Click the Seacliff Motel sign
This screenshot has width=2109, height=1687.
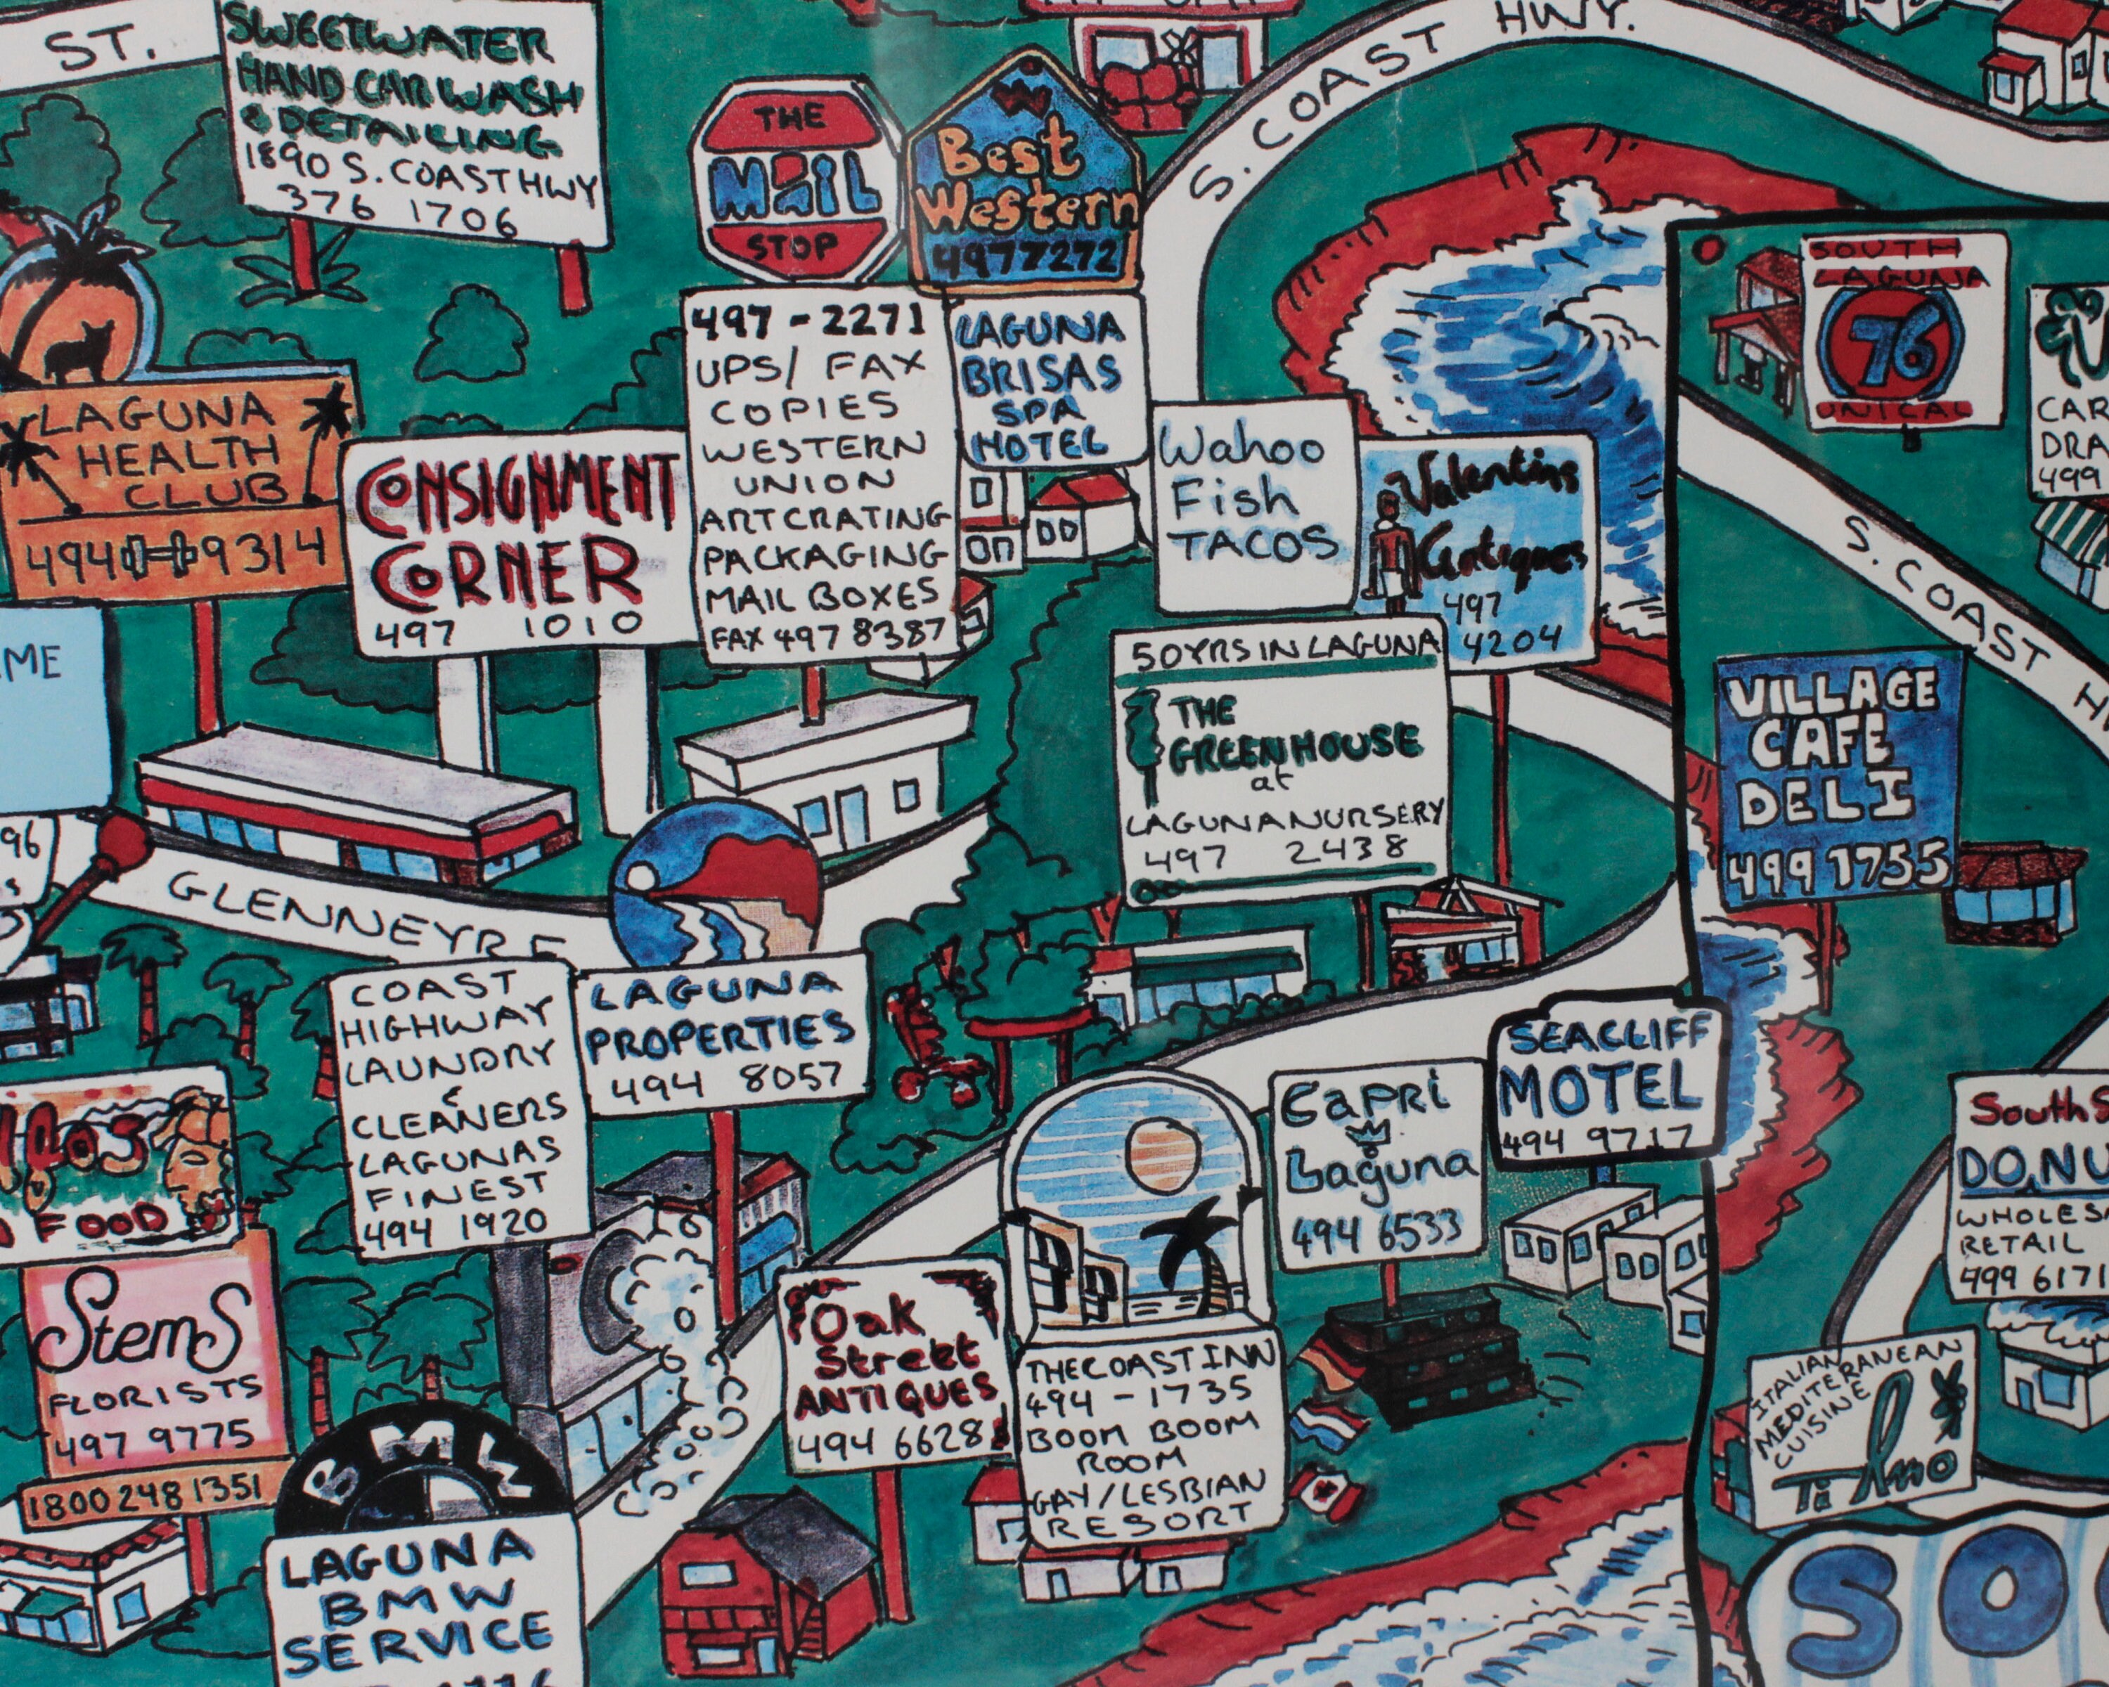pyautogui.click(x=1604, y=1080)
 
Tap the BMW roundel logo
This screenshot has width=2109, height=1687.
pyautogui.click(x=425, y=1511)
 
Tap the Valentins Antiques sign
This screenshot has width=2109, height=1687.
pyautogui.click(x=1482, y=548)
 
